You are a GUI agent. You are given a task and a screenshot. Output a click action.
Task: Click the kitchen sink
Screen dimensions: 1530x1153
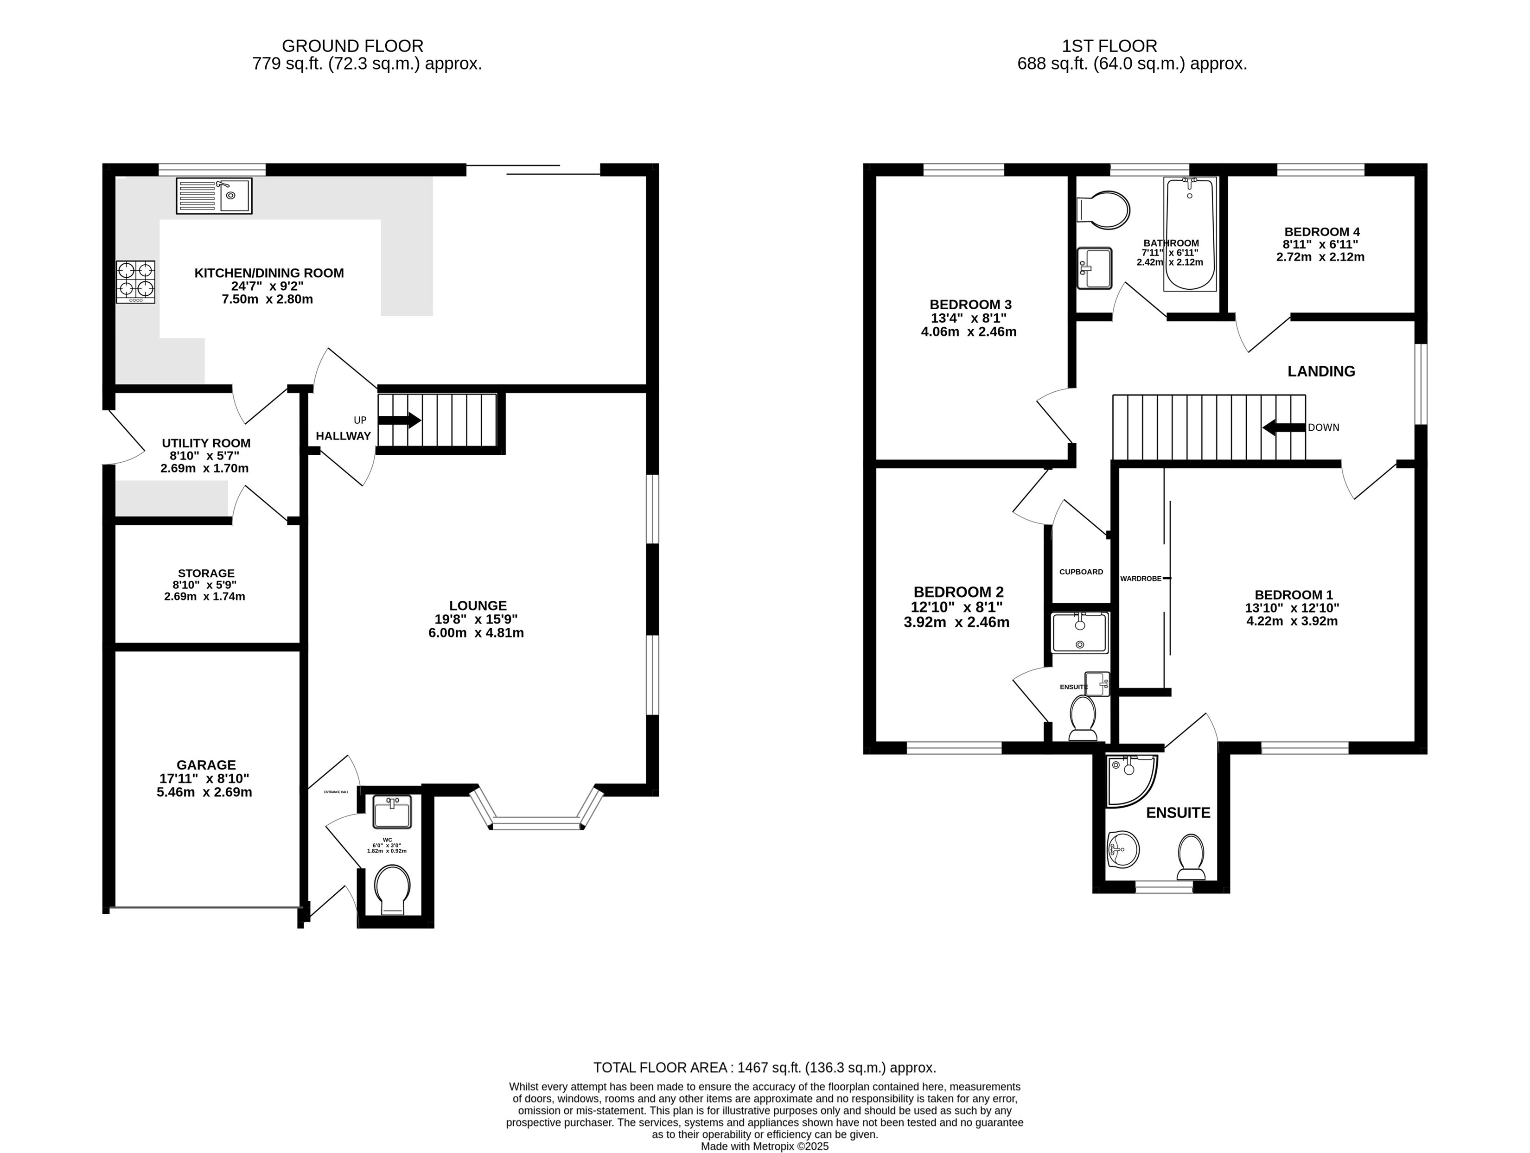[x=214, y=196]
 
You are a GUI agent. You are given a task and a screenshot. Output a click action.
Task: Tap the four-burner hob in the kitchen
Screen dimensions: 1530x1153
[x=135, y=281]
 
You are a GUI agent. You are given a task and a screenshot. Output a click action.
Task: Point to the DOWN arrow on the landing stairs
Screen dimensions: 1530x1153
[x=1284, y=428]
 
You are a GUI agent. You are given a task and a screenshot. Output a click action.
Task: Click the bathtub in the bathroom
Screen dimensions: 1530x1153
[x=1190, y=234]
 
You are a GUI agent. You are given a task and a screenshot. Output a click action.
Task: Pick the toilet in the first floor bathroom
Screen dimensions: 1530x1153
[x=1104, y=210]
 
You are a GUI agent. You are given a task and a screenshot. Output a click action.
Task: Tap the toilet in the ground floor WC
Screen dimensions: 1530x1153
[x=392, y=890]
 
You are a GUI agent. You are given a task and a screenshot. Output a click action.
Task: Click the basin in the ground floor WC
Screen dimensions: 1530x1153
[x=392, y=812]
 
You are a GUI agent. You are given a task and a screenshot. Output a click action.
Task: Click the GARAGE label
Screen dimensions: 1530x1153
[x=206, y=765]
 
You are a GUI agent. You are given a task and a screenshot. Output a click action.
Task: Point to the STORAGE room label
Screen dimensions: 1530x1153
[x=206, y=573]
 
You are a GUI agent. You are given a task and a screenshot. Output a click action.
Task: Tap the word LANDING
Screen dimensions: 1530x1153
[x=1321, y=371]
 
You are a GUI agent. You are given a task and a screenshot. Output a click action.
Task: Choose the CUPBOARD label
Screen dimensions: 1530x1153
[x=1081, y=572]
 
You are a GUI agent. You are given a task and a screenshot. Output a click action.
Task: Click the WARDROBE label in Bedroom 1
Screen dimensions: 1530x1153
[x=1141, y=578]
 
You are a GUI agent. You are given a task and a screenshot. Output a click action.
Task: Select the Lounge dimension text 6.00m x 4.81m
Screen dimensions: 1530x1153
[x=476, y=633]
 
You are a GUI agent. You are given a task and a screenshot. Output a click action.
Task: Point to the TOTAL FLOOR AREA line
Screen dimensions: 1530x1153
[x=765, y=1067]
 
